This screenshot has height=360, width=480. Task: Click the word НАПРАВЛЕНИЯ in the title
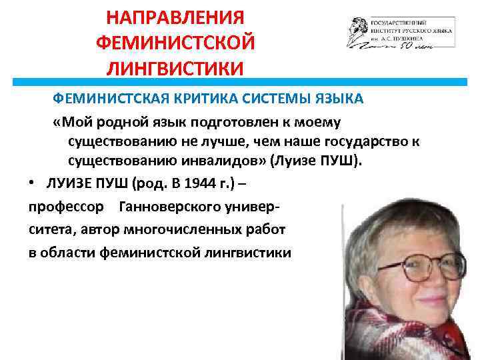(175, 16)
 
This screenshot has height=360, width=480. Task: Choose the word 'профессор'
(66, 207)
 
